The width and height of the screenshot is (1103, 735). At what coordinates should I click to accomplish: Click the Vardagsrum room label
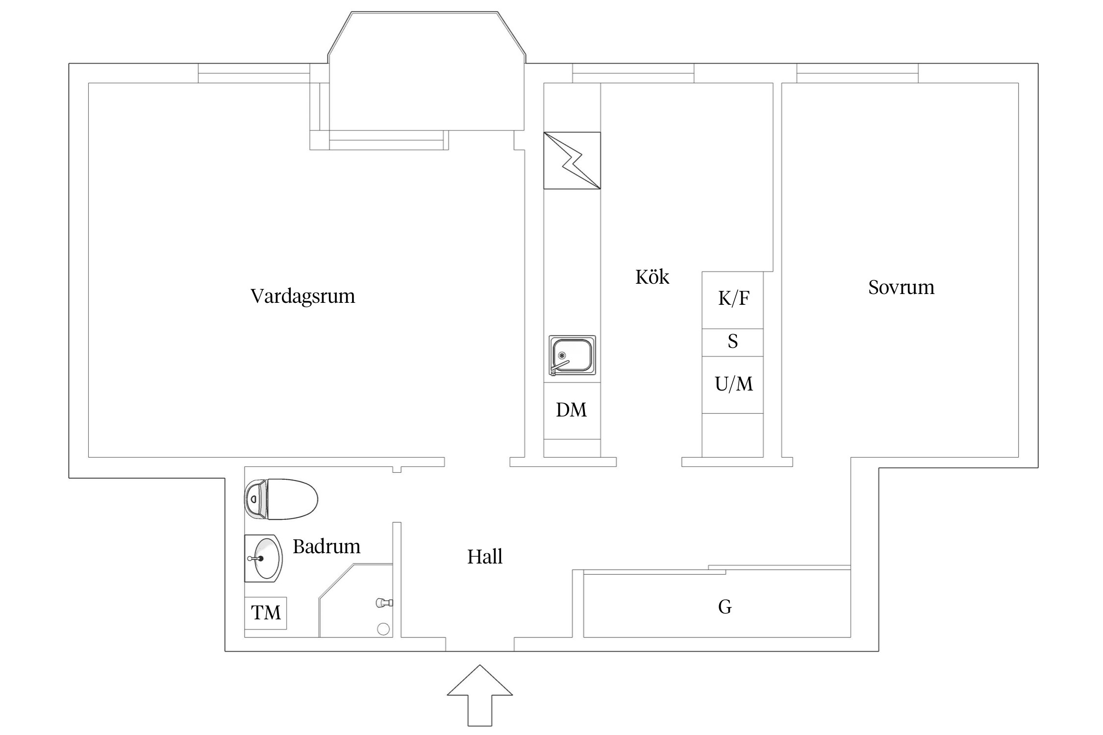[302, 296]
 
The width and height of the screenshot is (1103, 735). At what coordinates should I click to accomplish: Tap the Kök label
[652, 277]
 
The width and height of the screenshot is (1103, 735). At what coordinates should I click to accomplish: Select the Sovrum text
[901, 288]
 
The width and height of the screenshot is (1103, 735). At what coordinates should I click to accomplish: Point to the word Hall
[484, 557]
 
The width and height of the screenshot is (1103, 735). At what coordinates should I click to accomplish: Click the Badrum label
[326, 546]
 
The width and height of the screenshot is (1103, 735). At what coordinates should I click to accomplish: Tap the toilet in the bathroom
[281, 499]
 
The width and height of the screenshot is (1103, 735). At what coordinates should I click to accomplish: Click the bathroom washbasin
[265, 559]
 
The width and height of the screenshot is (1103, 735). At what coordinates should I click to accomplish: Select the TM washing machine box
[266, 612]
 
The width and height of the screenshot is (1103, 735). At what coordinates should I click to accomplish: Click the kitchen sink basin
[572, 355]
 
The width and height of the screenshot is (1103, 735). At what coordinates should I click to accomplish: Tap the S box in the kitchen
[732, 342]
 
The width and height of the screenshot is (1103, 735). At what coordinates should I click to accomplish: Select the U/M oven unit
[733, 385]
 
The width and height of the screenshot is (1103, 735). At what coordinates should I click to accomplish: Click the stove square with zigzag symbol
[572, 160]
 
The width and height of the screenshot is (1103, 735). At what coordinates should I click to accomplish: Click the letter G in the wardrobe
[725, 607]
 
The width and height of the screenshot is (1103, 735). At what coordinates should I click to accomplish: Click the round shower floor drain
[383, 629]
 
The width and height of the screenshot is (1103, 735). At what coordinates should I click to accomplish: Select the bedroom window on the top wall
[857, 73]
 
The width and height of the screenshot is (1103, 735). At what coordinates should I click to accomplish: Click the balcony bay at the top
[426, 73]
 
